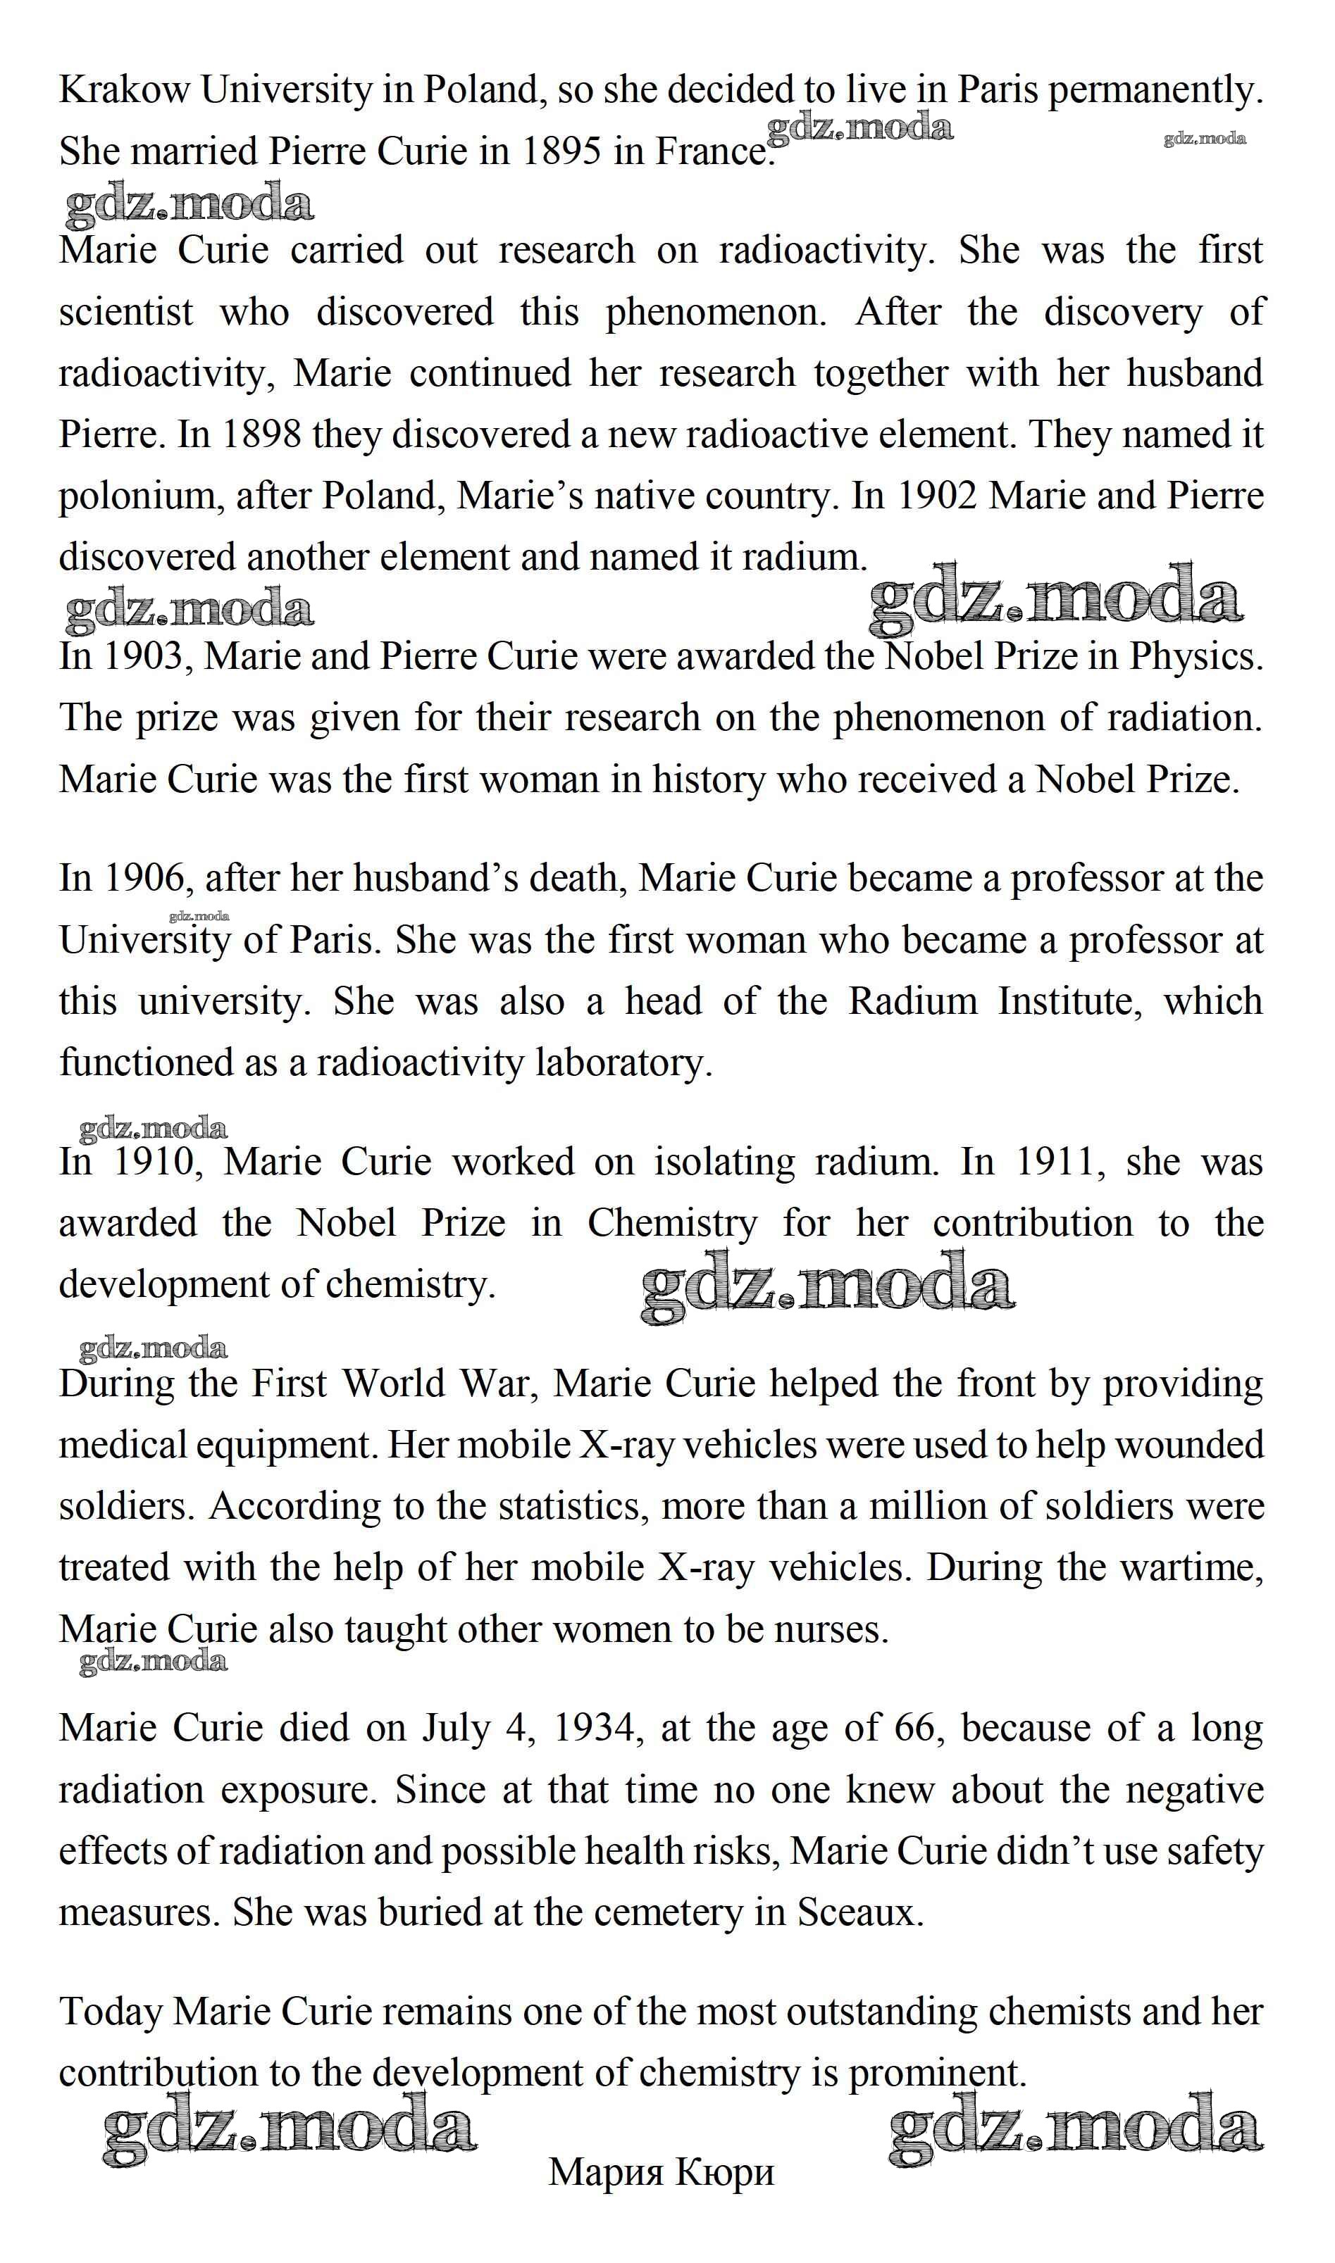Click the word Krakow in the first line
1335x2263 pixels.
click(x=124, y=91)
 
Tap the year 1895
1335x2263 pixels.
click(x=561, y=152)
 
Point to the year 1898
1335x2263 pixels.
click(x=261, y=435)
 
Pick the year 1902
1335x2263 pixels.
click(x=938, y=496)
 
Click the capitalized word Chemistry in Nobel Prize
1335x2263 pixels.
click(x=672, y=1224)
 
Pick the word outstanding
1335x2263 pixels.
click(x=881, y=2012)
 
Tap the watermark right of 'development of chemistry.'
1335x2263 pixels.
click(x=828, y=1289)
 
